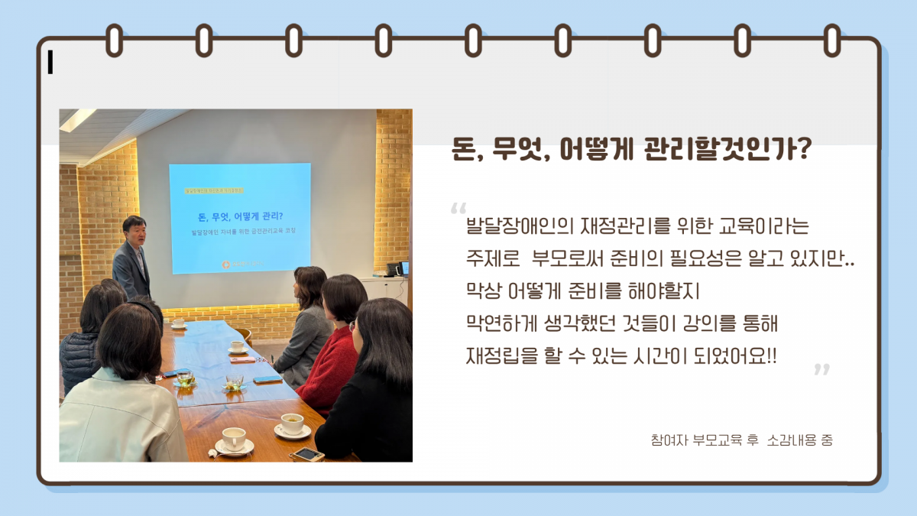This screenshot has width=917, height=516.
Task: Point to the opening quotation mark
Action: click(x=458, y=209)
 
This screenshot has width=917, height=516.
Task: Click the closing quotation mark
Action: click(x=821, y=370)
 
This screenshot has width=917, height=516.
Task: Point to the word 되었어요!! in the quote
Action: click(x=740, y=355)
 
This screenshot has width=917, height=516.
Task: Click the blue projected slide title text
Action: click(x=240, y=215)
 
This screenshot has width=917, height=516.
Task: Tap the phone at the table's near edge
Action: click(x=306, y=454)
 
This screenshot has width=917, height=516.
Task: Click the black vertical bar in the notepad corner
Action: click(x=50, y=63)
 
